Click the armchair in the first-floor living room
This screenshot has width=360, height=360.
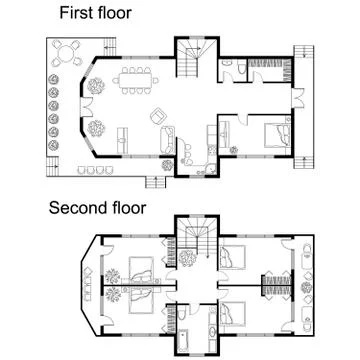pyautogui.click(x=157, y=118)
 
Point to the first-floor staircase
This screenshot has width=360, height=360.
pyautogui.click(x=191, y=61)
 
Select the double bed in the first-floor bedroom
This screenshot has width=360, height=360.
pyautogui.click(x=273, y=131)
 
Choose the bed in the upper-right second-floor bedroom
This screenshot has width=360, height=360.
pyautogui.click(x=236, y=255)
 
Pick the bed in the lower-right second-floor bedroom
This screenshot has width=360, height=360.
pyautogui.click(x=236, y=310)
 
